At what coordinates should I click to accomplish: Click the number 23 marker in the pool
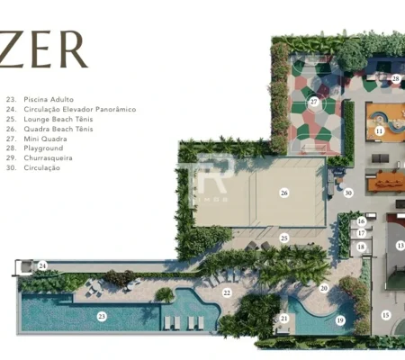102,316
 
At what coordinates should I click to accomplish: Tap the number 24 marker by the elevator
42,265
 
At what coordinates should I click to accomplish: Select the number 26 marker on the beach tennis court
284,193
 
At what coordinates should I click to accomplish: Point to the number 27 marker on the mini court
314,102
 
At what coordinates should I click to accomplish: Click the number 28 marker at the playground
396,78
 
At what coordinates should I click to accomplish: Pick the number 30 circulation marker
348,193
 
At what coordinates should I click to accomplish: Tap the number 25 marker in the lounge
284,238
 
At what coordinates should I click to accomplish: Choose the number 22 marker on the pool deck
227,292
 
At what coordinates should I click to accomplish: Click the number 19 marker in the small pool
340,320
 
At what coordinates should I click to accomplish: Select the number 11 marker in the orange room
380,130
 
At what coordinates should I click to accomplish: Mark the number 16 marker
362,221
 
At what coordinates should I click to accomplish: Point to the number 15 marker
386,315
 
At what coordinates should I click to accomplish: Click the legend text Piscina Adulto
49,99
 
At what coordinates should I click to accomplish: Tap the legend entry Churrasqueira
48,157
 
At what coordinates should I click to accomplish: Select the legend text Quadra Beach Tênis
58,129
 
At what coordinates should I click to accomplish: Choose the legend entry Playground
43,148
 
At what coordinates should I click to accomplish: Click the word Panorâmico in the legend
116,109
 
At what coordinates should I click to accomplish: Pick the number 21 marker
284,319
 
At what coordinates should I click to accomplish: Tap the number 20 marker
324,288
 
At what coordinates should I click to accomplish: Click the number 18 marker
361,247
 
